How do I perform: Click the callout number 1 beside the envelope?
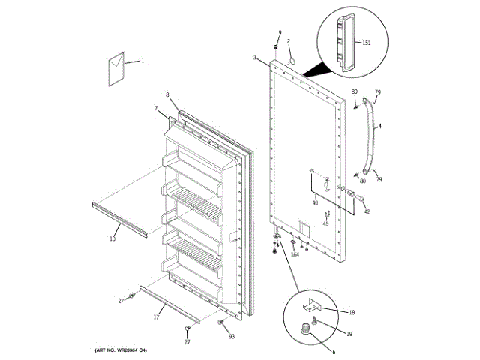pos(142,60)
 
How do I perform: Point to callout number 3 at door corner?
pos(255,58)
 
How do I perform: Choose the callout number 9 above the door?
pos(280,33)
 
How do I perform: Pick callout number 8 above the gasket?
pos(167,95)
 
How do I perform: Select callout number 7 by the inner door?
pos(156,109)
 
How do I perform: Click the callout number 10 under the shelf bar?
pos(112,239)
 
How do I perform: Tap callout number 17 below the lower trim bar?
pos(156,318)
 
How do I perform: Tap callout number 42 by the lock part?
pos(367,212)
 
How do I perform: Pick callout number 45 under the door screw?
pos(325,223)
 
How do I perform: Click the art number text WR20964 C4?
pos(121,350)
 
